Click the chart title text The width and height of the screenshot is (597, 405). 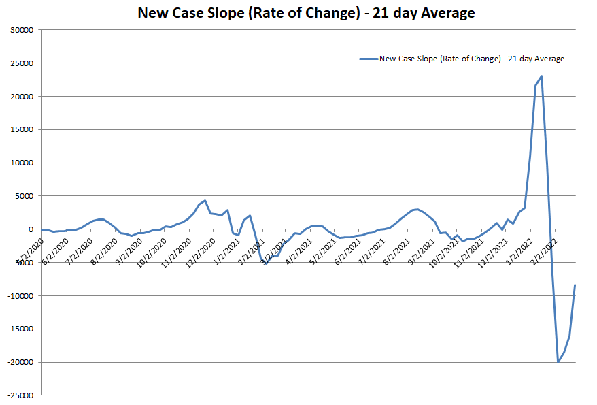pyautogui.click(x=306, y=13)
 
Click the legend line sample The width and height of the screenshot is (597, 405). pyautogui.click(x=368, y=59)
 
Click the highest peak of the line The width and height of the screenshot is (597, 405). pyautogui.click(x=541, y=76)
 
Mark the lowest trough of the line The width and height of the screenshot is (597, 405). pyautogui.click(x=558, y=362)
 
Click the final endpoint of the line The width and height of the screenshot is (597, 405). pyautogui.click(x=575, y=285)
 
